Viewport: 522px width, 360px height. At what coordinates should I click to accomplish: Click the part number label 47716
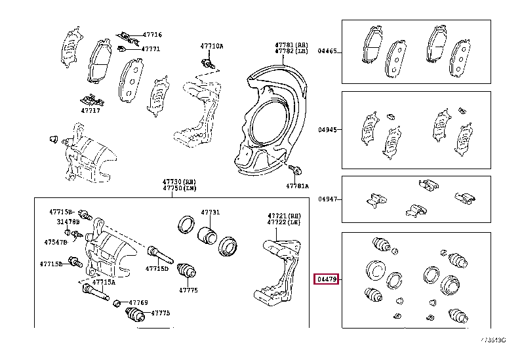click(x=152, y=35)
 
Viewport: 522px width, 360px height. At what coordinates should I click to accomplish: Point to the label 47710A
click(x=212, y=46)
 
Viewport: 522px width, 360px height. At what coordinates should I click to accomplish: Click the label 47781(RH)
click(x=286, y=43)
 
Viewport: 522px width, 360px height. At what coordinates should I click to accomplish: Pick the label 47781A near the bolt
click(x=296, y=186)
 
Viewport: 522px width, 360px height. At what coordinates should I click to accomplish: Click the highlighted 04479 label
click(x=326, y=279)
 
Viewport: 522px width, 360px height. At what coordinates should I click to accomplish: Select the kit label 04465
click(x=327, y=50)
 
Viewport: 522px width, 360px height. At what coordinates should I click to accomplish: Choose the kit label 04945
click(x=327, y=130)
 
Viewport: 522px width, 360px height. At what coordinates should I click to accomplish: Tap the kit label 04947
click(x=327, y=199)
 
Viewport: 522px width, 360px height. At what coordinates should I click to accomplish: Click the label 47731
click(x=211, y=212)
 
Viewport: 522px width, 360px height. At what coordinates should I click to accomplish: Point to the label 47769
click(x=138, y=302)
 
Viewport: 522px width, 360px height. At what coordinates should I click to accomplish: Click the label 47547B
click(x=56, y=242)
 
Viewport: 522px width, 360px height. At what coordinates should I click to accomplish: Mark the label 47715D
click(x=157, y=268)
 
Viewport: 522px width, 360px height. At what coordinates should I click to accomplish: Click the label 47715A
click(x=104, y=282)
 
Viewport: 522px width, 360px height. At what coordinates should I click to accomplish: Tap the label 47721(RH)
click(x=283, y=216)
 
